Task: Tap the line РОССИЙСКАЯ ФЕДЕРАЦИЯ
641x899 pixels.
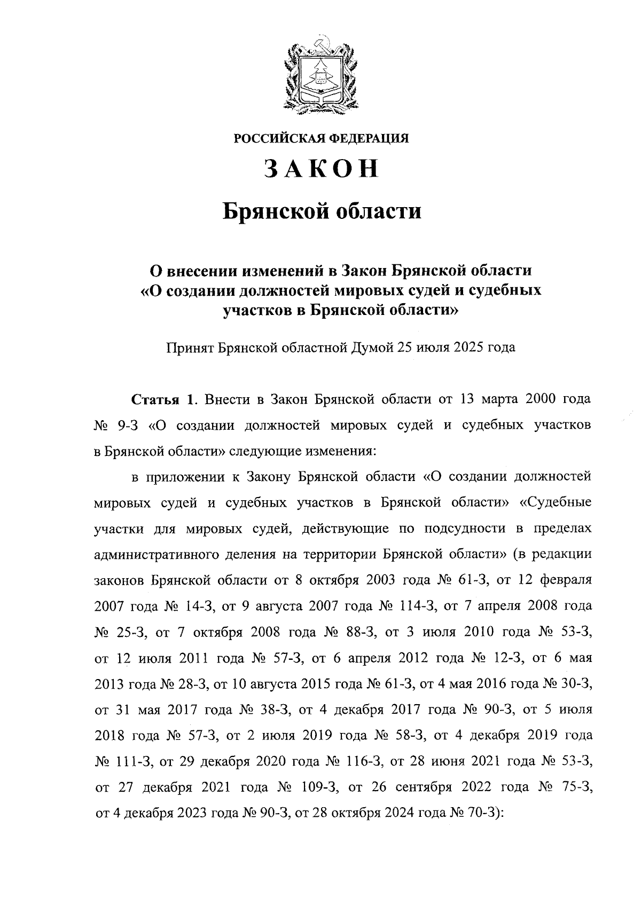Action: pos(321,139)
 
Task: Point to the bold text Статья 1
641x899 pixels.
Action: pos(165,399)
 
